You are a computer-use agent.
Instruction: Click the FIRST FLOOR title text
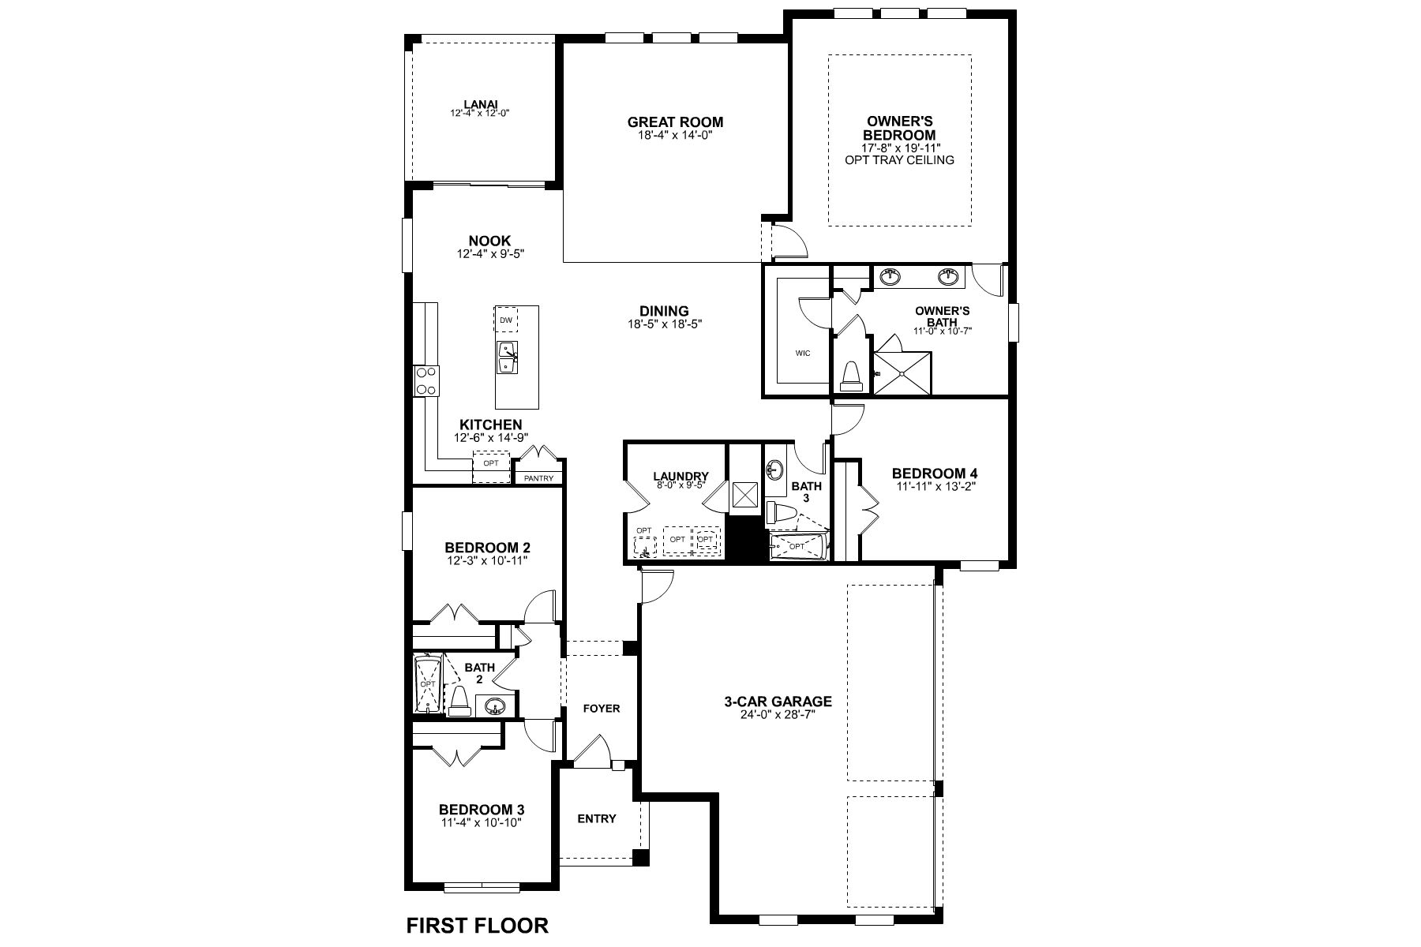point(477,924)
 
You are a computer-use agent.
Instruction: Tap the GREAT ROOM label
point(675,122)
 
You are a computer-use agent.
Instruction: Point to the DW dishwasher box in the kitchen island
point(506,320)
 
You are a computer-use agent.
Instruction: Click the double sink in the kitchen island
point(507,358)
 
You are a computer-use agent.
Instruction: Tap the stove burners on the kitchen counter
point(426,380)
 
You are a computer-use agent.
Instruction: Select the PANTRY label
point(538,478)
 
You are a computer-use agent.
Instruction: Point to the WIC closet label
point(803,354)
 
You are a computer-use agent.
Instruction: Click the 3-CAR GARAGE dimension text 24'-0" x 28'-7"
point(778,715)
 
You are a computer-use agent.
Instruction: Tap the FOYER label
point(602,708)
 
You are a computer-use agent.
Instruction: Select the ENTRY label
point(597,818)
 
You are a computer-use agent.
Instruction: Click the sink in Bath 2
point(495,706)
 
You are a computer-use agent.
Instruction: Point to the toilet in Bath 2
point(459,702)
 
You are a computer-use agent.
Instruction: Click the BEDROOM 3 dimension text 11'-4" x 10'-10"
point(482,822)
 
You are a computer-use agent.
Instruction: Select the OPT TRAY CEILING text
point(899,159)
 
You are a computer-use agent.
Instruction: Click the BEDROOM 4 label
point(935,473)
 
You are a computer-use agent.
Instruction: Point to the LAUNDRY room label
point(681,476)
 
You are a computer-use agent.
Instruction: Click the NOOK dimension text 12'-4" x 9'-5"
point(489,254)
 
